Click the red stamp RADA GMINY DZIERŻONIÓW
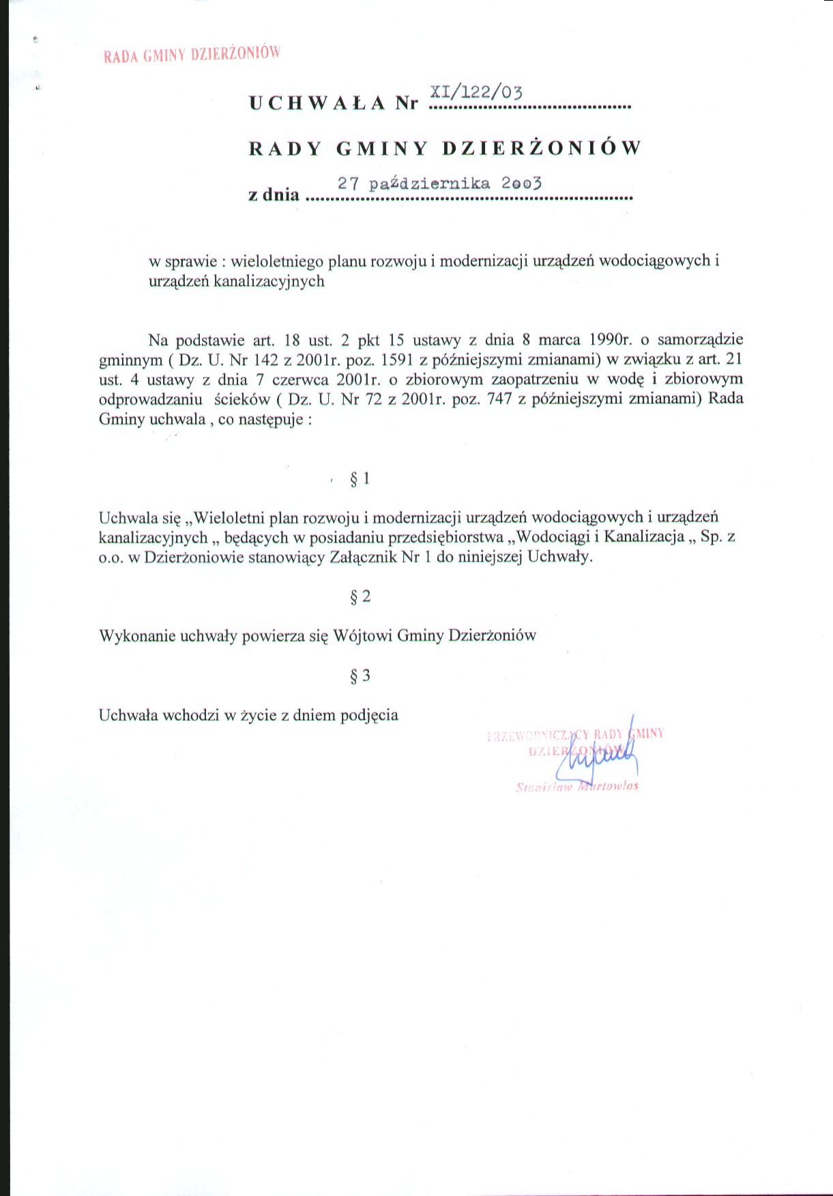[x=192, y=55]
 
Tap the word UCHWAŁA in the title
[x=317, y=103]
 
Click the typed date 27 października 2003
[x=439, y=184]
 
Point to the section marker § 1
[x=360, y=479]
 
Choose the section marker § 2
[x=360, y=597]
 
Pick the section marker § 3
[x=360, y=677]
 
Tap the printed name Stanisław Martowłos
[x=577, y=786]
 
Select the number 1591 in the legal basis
[x=398, y=360]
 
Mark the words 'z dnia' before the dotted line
[x=274, y=195]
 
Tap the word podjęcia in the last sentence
[x=369, y=716]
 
